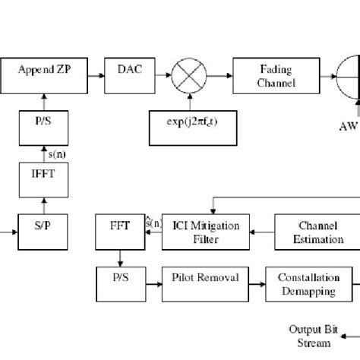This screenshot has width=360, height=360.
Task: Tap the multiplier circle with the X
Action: (x=184, y=77)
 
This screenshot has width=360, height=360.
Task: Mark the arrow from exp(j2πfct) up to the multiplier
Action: (x=184, y=100)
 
